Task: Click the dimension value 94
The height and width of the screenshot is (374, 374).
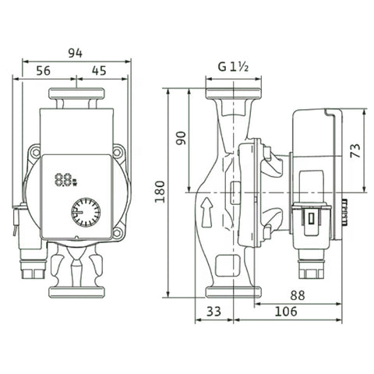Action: (x=76, y=53)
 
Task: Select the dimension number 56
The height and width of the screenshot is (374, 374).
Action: (x=43, y=71)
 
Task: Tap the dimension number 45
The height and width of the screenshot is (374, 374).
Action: (x=99, y=71)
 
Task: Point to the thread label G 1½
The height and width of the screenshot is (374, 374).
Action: (x=233, y=67)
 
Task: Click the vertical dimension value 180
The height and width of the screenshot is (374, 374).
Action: (x=160, y=192)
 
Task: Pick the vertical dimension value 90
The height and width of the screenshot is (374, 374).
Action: (x=181, y=138)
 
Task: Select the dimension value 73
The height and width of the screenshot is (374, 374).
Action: (x=355, y=150)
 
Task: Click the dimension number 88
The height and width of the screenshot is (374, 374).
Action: (x=298, y=295)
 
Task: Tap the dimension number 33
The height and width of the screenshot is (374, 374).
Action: (x=213, y=311)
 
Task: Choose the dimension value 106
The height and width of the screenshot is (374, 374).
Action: (x=286, y=311)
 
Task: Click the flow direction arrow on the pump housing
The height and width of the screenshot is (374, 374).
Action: (x=207, y=213)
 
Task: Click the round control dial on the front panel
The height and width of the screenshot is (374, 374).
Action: (x=86, y=212)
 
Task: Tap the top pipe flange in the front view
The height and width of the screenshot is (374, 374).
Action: (x=76, y=93)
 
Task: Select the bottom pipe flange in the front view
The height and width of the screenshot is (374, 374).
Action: (x=76, y=292)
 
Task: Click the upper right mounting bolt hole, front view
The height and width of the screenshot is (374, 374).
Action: (x=118, y=152)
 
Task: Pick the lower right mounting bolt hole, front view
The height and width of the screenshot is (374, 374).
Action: (x=118, y=233)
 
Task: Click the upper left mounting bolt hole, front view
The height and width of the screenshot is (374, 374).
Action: (x=35, y=152)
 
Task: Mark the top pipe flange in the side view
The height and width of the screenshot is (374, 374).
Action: (x=233, y=93)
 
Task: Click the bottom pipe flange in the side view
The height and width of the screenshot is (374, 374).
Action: (x=233, y=292)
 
